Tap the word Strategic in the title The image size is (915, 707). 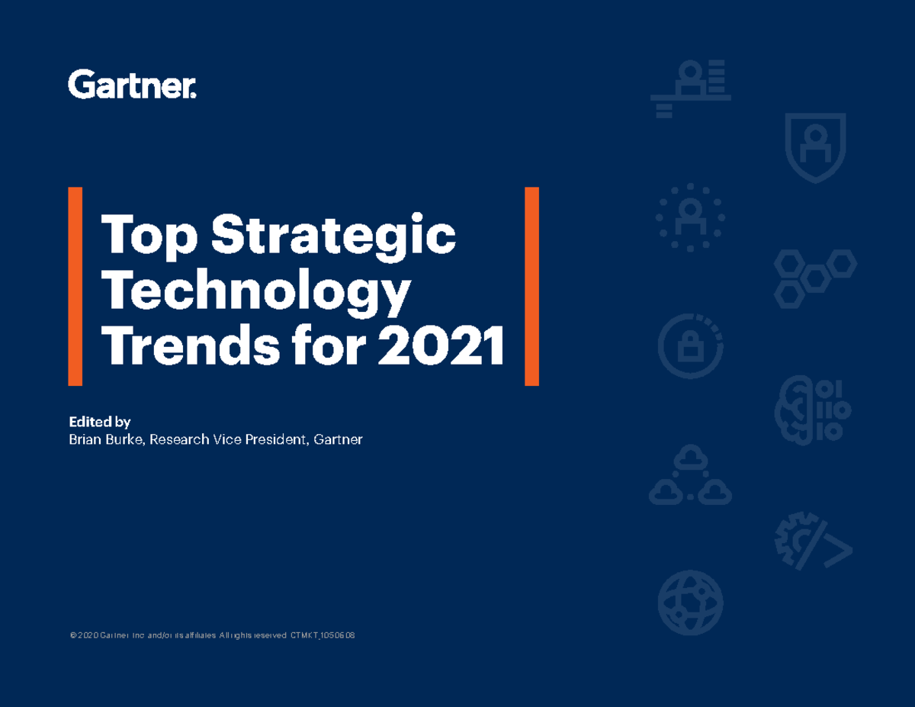coord(334,236)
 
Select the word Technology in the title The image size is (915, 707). coord(256,294)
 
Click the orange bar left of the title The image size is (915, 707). coord(75,286)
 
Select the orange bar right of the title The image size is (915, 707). coord(531,286)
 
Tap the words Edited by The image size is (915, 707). coord(100,422)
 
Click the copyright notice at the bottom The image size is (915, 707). coord(213,635)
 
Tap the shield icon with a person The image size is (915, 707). coord(815,146)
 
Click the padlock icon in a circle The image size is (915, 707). coord(690,347)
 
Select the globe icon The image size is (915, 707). coord(690,603)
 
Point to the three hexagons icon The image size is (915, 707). coord(815,278)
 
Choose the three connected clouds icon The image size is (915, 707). coord(690,476)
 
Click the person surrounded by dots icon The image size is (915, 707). coord(690,217)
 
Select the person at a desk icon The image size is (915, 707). coord(691,88)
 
